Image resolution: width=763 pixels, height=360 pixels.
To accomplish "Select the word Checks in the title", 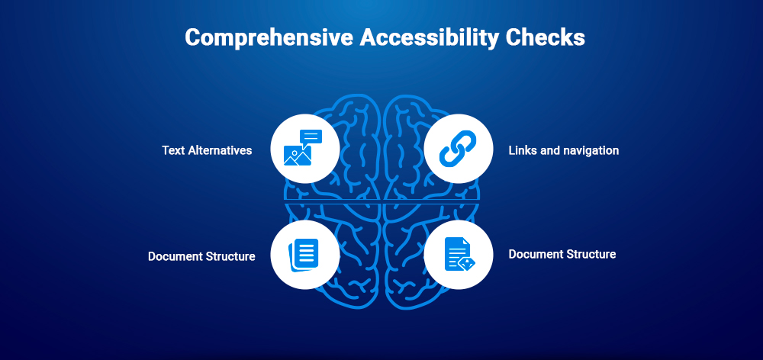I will coord(549,38).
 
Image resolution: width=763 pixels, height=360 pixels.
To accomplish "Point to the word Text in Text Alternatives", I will coord(174,150).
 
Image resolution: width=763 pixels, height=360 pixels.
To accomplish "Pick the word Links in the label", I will coord(523,150).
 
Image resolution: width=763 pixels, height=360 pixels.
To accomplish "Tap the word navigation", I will coord(591,150).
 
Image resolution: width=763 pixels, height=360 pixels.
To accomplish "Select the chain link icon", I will coord(458,148).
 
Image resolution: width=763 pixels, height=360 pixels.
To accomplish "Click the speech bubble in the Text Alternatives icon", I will coord(311,137).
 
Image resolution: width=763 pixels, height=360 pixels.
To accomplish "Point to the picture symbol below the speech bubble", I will coord(297,156).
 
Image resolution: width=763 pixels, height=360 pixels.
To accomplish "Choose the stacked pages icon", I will coord(304,254).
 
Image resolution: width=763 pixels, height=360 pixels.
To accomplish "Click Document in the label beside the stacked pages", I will coord(175,256).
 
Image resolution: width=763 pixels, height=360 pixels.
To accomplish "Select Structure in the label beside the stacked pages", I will coord(230,256).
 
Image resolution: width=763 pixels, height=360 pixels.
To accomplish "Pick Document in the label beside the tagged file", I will coord(535,254).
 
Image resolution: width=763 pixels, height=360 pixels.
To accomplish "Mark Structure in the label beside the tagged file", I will coord(591,254).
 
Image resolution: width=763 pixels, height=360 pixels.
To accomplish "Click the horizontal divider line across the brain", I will coord(381,201).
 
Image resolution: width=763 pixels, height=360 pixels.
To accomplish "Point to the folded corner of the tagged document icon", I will coord(466,241).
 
